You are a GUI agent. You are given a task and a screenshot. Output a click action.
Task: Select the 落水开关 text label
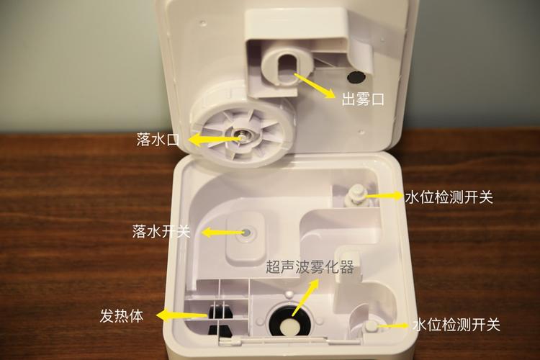(161, 232)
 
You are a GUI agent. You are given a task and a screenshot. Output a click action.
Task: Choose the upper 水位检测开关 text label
(448, 197)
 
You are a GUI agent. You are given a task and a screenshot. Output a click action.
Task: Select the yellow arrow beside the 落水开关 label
(222, 233)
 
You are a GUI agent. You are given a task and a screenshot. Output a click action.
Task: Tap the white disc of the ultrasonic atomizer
(289, 326)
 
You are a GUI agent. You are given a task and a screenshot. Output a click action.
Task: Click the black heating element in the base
(220, 312)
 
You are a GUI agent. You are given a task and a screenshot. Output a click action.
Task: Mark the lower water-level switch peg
(370, 326)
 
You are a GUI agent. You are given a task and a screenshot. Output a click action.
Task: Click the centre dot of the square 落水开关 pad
(247, 233)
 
